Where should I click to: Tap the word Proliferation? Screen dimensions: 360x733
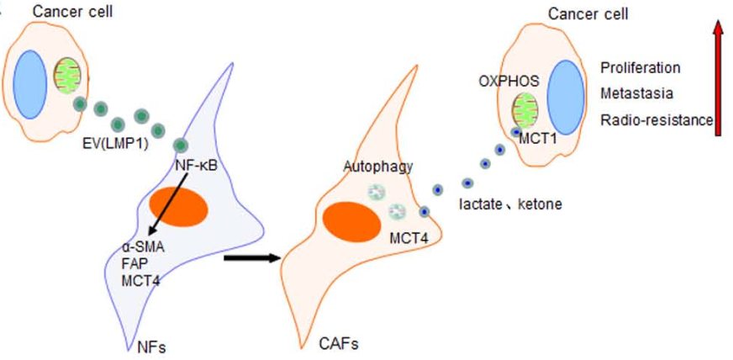[641, 68]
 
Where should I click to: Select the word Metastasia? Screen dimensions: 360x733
[636, 93]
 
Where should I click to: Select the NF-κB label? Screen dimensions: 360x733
[196, 165]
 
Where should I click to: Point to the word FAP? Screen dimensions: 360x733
[134, 263]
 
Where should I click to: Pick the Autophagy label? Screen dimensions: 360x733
[377, 167]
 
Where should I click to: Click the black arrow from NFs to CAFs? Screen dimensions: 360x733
[251, 258]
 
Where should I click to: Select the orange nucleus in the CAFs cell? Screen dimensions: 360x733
[350, 220]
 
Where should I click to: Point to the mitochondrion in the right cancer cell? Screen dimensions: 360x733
[526, 112]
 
